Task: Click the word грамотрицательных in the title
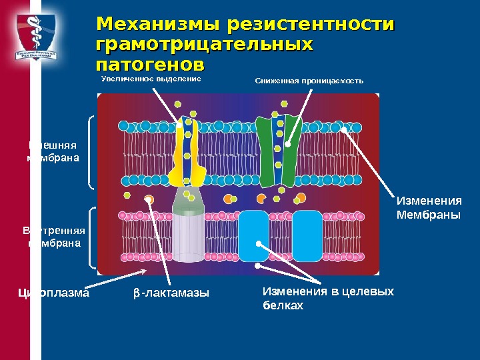point(205,45)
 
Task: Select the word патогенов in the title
point(150,66)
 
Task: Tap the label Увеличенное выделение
point(151,79)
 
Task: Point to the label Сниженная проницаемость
point(309,81)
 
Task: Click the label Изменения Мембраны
point(429,207)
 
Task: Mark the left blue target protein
point(254,235)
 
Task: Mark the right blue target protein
point(307,235)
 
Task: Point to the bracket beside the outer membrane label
point(90,153)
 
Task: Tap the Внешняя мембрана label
point(53,151)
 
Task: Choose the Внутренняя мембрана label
point(54,237)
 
